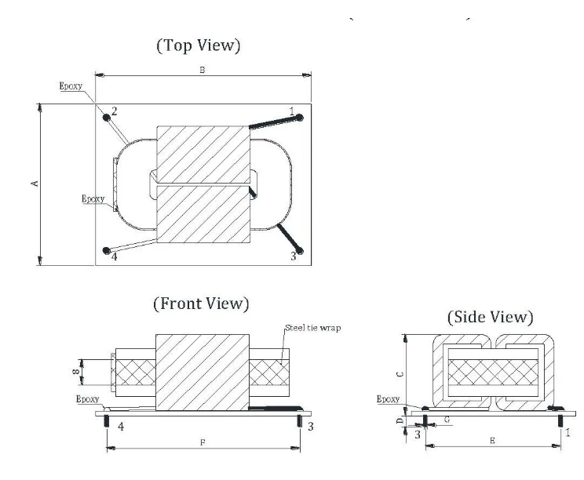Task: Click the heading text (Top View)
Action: pos(199,46)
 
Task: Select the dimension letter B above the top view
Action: pos(202,71)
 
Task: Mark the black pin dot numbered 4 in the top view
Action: pos(107,250)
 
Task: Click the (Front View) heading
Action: pos(201,303)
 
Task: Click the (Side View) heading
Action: pos(491,318)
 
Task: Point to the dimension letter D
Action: pos(400,421)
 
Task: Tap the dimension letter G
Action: pos(447,421)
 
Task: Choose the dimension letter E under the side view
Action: pos(491,442)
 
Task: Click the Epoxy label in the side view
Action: pos(389,399)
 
